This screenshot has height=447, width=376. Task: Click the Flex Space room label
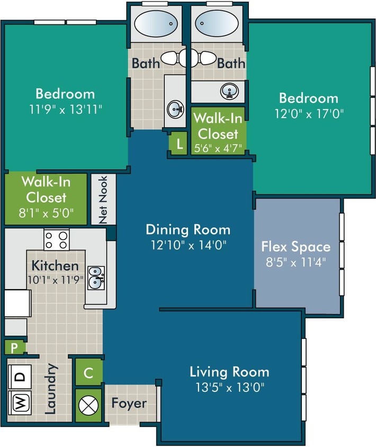[296, 246]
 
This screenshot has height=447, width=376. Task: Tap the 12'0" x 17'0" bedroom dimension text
[308, 113]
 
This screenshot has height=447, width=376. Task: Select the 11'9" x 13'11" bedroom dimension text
[65, 110]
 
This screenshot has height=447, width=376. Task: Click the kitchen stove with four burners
[57, 239]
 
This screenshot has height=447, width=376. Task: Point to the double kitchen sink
[96, 276]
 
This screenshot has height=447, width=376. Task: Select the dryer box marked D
[19, 377]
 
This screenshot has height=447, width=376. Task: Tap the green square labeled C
[88, 373]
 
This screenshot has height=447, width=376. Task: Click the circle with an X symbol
[88, 405]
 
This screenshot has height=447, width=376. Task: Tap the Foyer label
[129, 403]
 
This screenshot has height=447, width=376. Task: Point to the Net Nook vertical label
[104, 199]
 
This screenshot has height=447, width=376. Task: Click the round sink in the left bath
[175, 110]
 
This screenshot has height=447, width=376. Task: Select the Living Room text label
[229, 371]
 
